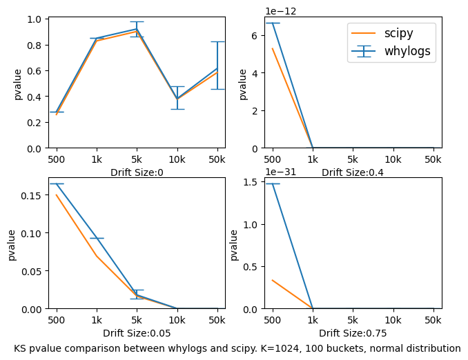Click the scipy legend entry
[x=404, y=33]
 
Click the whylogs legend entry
[x=409, y=52]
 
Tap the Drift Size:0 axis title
[x=137, y=172]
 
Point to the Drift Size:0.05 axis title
[x=137, y=333]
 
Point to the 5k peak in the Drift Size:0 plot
[x=137, y=29]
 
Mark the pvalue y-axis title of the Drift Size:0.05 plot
[x=12, y=245]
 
